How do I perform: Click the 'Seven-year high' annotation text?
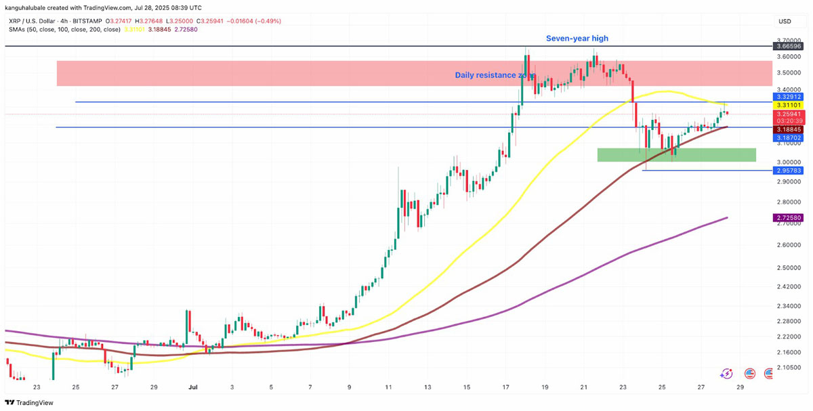tap(577, 39)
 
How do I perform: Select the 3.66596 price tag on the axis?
tap(789, 46)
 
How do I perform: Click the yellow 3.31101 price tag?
tap(789, 105)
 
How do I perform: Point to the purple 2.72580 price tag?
tap(789, 217)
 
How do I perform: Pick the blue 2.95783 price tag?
tap(789, 170)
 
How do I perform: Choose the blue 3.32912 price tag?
tap(789, 97)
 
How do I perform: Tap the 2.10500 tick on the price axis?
tap(788, 368)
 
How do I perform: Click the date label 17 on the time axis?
tap(506, 387)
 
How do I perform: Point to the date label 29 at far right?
tap(741, 387)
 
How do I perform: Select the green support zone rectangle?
tap(676, 155)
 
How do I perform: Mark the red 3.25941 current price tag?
tap(789, 114)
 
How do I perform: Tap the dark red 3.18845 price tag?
tap(789, 129)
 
